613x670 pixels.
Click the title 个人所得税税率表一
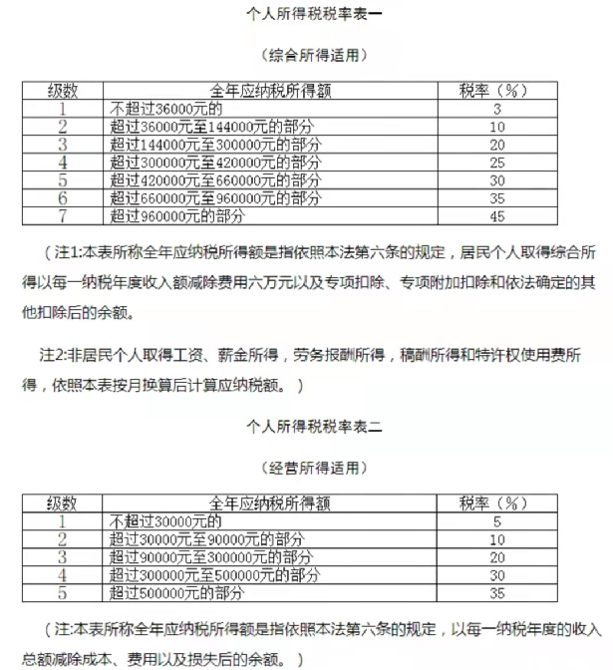point(306,15)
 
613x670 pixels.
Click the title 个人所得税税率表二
point(306,426)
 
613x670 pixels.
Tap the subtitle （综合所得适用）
point(306,54)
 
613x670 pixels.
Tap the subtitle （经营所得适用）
point(306,467)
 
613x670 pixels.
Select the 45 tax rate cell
point(495,214)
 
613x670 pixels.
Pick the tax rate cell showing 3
point(495,108)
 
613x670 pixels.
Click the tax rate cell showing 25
point(495,162)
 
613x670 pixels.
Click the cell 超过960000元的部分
point(178,214)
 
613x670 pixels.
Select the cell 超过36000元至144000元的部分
point(198,126)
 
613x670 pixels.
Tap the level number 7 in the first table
point(63,214)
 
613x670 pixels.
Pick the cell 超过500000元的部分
point(178,593)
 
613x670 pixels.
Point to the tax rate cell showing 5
point(496,521)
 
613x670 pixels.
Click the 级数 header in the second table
point(63,503)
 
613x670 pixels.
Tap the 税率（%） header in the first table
point(495,90)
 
